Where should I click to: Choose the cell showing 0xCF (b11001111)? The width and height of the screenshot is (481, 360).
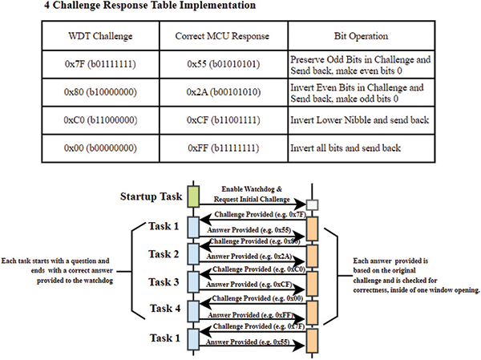click(221, 120)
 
